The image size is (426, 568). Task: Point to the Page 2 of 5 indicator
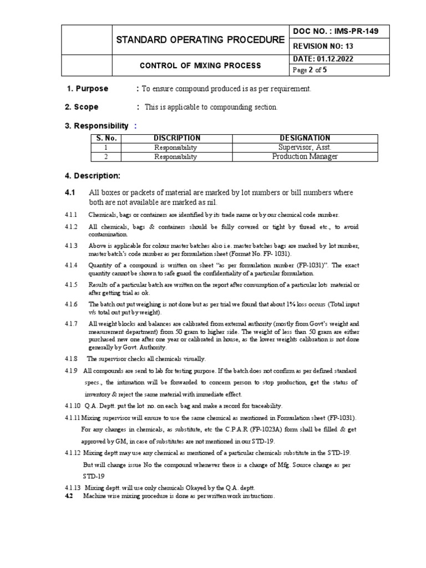coord(310,70)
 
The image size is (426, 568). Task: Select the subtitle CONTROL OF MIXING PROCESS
coord(200,65)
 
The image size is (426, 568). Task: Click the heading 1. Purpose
coord(88,89)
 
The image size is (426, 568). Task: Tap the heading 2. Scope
coord(82,106)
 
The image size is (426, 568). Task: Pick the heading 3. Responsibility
coord(97,126)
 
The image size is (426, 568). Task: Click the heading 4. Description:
coord(93,176)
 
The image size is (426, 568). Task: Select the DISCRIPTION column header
coord(176,138)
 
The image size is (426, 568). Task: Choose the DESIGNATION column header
coord(305,138)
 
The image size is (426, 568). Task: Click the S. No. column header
coord(105,138)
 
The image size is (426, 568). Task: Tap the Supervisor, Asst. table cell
coord(305,148)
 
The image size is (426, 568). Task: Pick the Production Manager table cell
coord(305,156)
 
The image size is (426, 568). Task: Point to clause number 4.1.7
coord(73,323)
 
